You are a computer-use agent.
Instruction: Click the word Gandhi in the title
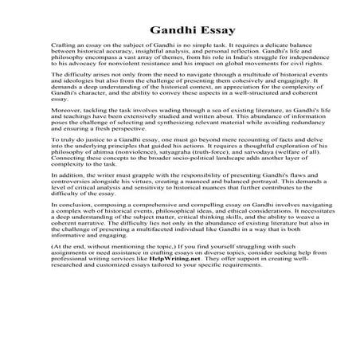[x=156, y=29]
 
